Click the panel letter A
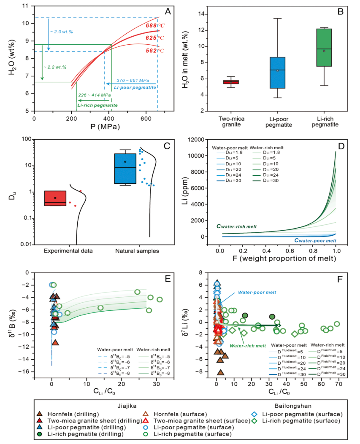[168, 12]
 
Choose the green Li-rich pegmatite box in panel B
[324, 48]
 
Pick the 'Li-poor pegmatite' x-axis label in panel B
[278, 122]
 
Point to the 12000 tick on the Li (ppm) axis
[205, 140]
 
